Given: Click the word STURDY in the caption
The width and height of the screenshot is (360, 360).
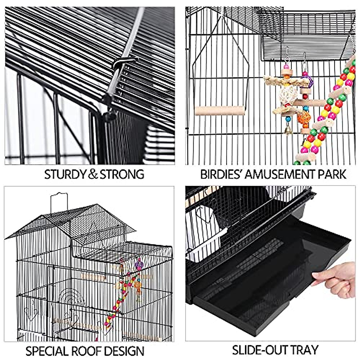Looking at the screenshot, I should click(x=65, y=174).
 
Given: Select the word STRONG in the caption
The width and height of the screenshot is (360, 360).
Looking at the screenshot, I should click(x=122, y=174).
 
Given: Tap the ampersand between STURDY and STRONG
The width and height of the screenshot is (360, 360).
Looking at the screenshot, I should click(x=93, y=174).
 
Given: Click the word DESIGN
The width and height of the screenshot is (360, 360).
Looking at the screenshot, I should click(x=126, y=351).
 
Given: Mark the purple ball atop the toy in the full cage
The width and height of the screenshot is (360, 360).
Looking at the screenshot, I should click(x=139, y=264).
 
